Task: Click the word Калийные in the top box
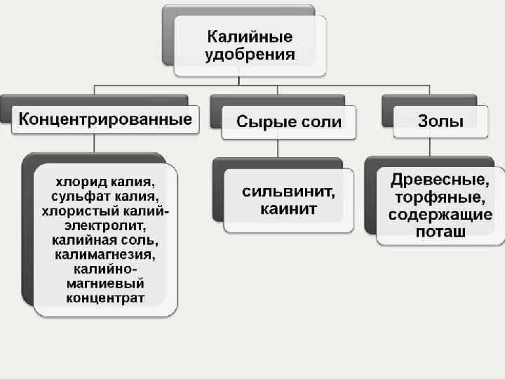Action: click(250, 36)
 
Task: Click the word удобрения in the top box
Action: click(250, 55)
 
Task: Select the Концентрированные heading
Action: click(105, 119)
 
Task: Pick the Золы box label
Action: click(440, 121)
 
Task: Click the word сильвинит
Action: click(288, 191)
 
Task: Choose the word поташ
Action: click(440, 232)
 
